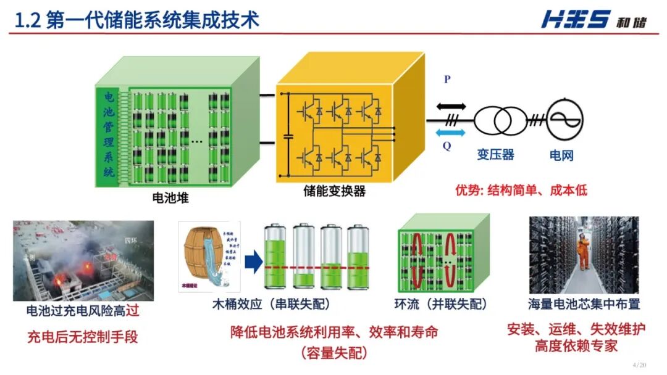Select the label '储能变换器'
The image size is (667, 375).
[x=334, y=191]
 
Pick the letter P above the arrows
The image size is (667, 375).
[x=447, y=80]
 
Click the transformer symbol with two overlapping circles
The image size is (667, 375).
[x=495, y=120]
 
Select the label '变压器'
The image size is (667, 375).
[x=495, y=154]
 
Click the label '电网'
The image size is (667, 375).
[x=561, y=154]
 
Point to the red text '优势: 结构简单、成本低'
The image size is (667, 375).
[x=521, y=190]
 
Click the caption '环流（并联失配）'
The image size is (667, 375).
[x=441, y=304]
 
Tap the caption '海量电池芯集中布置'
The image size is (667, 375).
[x=584, y=304]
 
